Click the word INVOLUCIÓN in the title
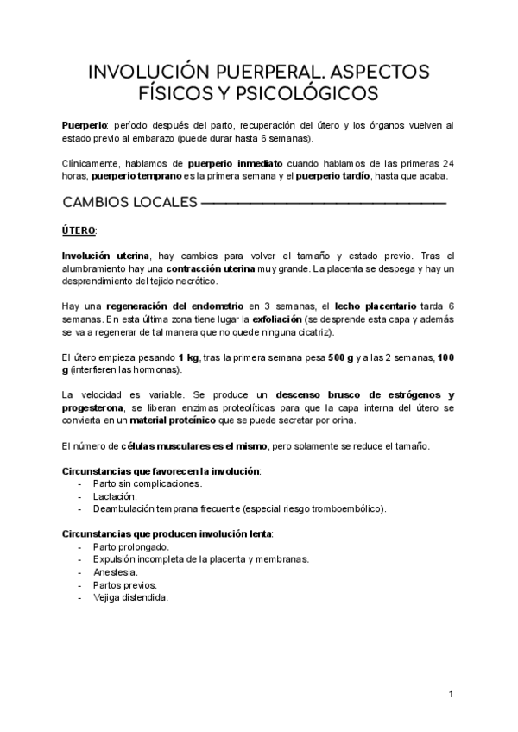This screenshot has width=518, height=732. (x=143, y=70)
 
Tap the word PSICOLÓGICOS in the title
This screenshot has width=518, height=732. (x=300, y=91)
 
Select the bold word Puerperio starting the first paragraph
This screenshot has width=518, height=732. (x=85, y=126)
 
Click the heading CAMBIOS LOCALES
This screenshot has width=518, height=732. (x=129, y=204)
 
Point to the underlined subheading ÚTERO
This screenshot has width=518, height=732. (x=79, y=231)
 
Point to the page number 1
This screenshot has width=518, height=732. (x=452, y=695)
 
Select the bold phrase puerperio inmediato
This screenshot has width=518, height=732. (x=237, y=164)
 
